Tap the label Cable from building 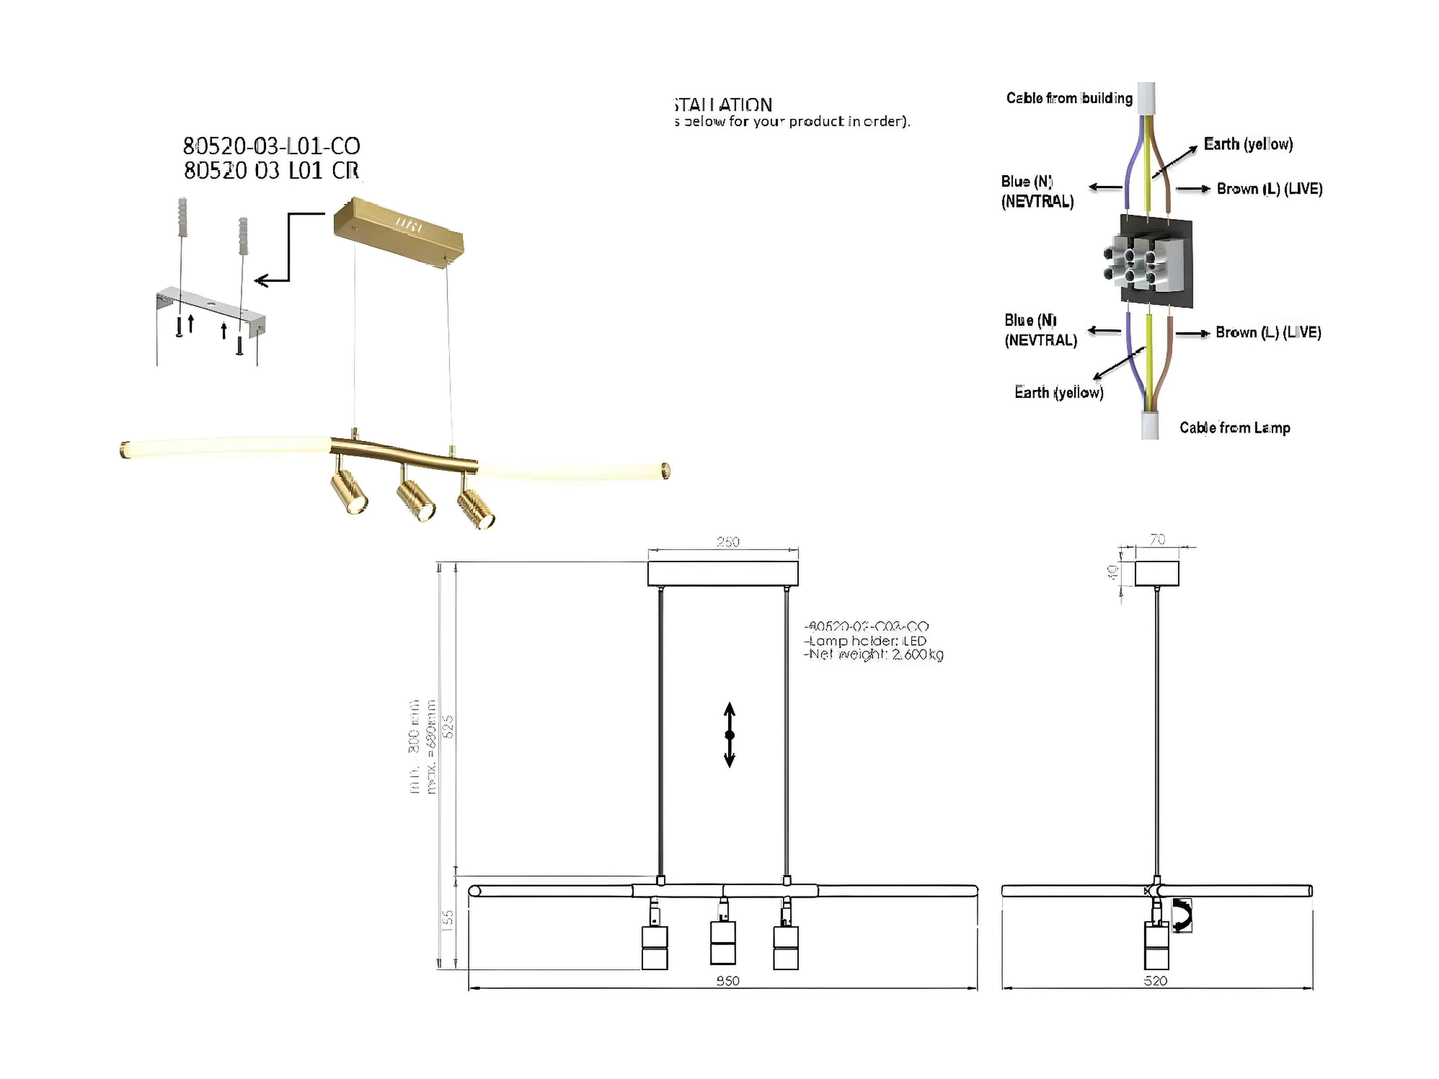(1069, 98)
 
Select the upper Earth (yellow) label (1248, 144)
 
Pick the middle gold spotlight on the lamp (416, 501)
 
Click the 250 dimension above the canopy (728, 542)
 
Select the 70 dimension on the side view (1157, 539)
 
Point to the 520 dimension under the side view (1156, 980)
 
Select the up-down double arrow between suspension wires (729, 734)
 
